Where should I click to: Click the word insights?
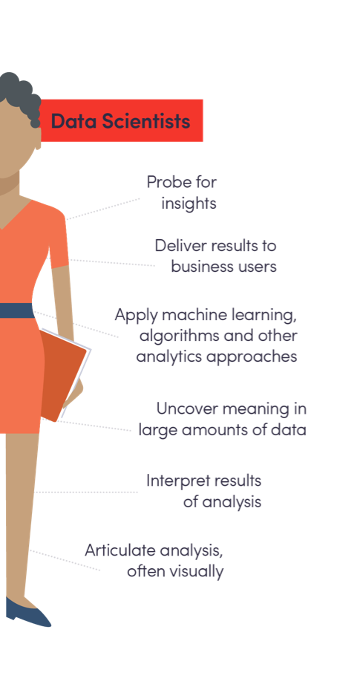pos(189,204)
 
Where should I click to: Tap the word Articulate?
pos(120,550)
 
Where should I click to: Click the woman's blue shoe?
pos(27,612)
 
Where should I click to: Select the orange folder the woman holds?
pos(63,376)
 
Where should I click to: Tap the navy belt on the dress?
pos(16,310)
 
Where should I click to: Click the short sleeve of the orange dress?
pos(57,238)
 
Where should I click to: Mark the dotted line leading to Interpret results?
pos(87,492)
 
